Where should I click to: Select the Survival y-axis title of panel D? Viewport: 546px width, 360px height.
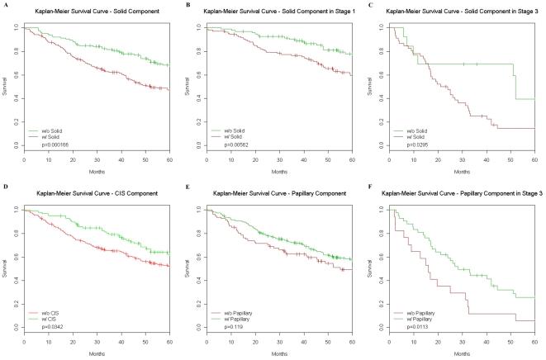click(6, 268)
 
